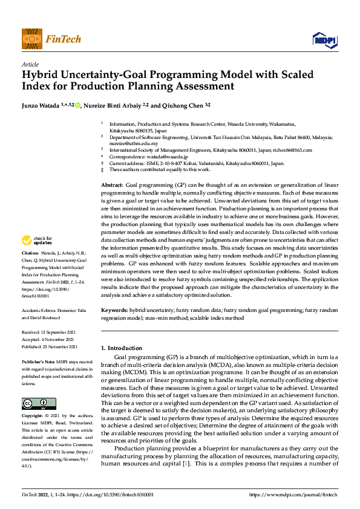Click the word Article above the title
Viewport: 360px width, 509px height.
30,64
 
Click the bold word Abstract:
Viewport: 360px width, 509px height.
111,183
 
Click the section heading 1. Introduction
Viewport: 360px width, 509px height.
121,348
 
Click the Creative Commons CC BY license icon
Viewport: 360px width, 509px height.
39,387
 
